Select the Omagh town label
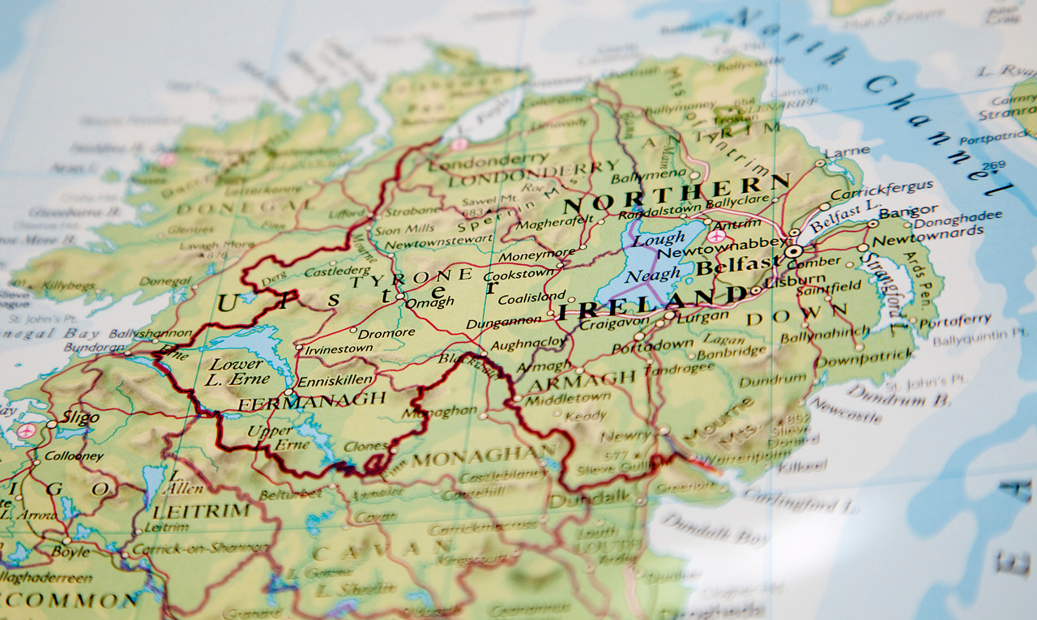point(430,301)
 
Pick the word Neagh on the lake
point(654,276)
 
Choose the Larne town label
point(847,152)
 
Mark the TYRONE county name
point(411,278)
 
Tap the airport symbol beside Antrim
point(716,236)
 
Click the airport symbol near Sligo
point(26,430)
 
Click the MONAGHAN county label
point(484,456)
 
